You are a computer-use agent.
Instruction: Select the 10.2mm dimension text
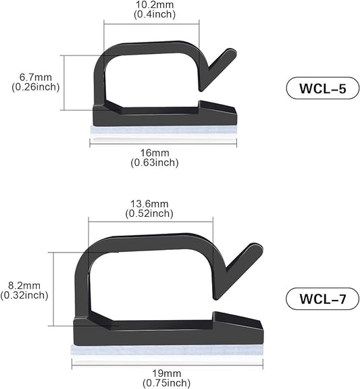152,6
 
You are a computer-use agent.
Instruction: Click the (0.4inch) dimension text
152,16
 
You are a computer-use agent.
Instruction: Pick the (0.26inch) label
36,86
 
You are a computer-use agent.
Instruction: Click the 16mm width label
155,153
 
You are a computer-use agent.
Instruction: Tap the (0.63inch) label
155,162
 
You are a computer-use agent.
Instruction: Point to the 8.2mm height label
25,285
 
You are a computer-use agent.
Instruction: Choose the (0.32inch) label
24,295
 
